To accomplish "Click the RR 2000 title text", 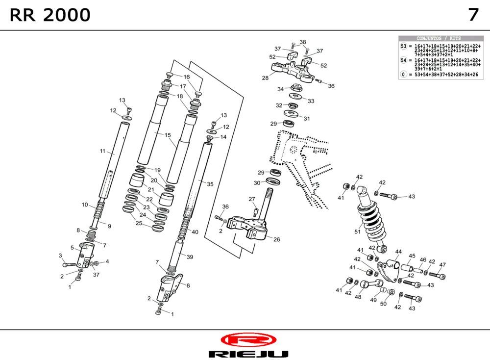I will [50, 15].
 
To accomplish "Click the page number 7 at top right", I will [473, 15].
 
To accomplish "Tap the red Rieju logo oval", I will [248, 339].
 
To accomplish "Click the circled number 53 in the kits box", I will [404, 46].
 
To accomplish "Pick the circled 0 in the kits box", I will [404, 75].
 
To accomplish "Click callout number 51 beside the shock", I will [357, 231].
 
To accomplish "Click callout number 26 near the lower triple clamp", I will [277, 239].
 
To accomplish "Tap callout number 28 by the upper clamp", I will [265, 77].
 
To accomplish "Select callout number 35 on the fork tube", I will [210, 184].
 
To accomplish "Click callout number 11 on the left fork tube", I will [103, 152].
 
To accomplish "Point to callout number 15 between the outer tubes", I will [168, 135].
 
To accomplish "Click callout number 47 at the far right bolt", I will [442, 265].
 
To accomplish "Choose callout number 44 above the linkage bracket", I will [398, 252].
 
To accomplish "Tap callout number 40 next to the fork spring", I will [195, 232].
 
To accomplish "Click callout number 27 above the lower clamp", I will [252, 199].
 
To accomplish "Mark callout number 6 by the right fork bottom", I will [188, 285].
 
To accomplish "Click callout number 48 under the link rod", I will [358, 297].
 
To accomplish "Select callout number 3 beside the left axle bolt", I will [60, 256].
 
